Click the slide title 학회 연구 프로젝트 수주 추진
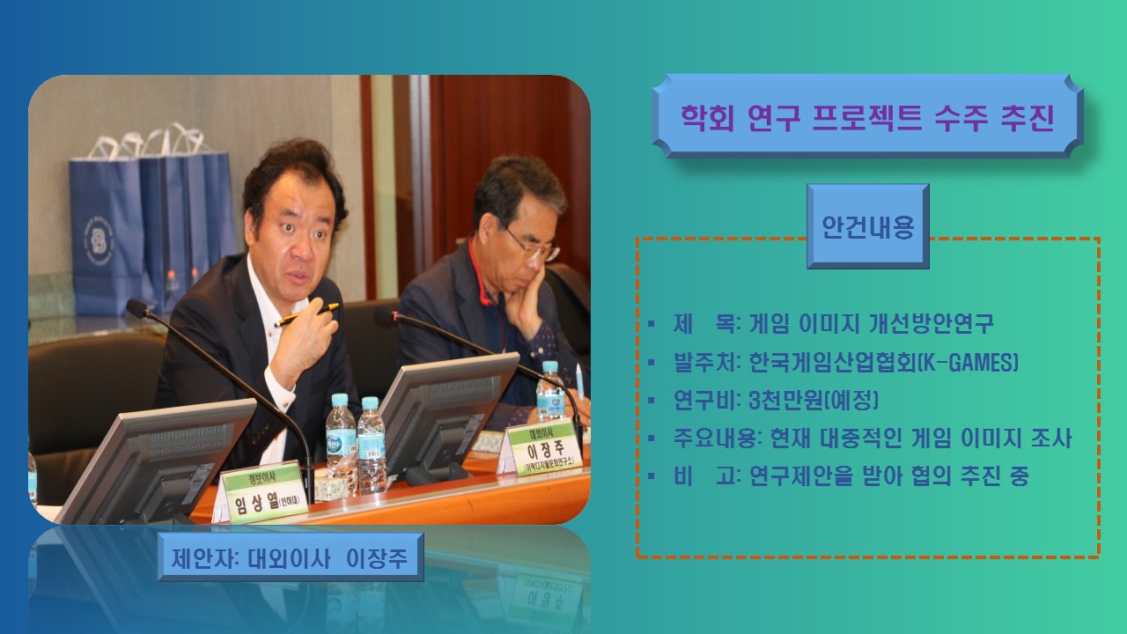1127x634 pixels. tap(867, 117)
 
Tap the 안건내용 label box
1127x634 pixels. tap(868, 226)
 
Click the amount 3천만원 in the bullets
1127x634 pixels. tap(784, 400)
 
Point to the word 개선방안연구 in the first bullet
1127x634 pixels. tap(931, 323)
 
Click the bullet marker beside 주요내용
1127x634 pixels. tap(652, 439)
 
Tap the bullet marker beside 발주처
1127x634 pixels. tap(652, 362)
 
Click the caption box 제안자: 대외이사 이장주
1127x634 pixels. tap(291, 557)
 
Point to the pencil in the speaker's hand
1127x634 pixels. tap(306, 314)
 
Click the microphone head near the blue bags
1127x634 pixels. tap(137, 308)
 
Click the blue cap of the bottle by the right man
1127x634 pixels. tap(550, 366)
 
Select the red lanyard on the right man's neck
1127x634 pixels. tap(482, 282)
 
